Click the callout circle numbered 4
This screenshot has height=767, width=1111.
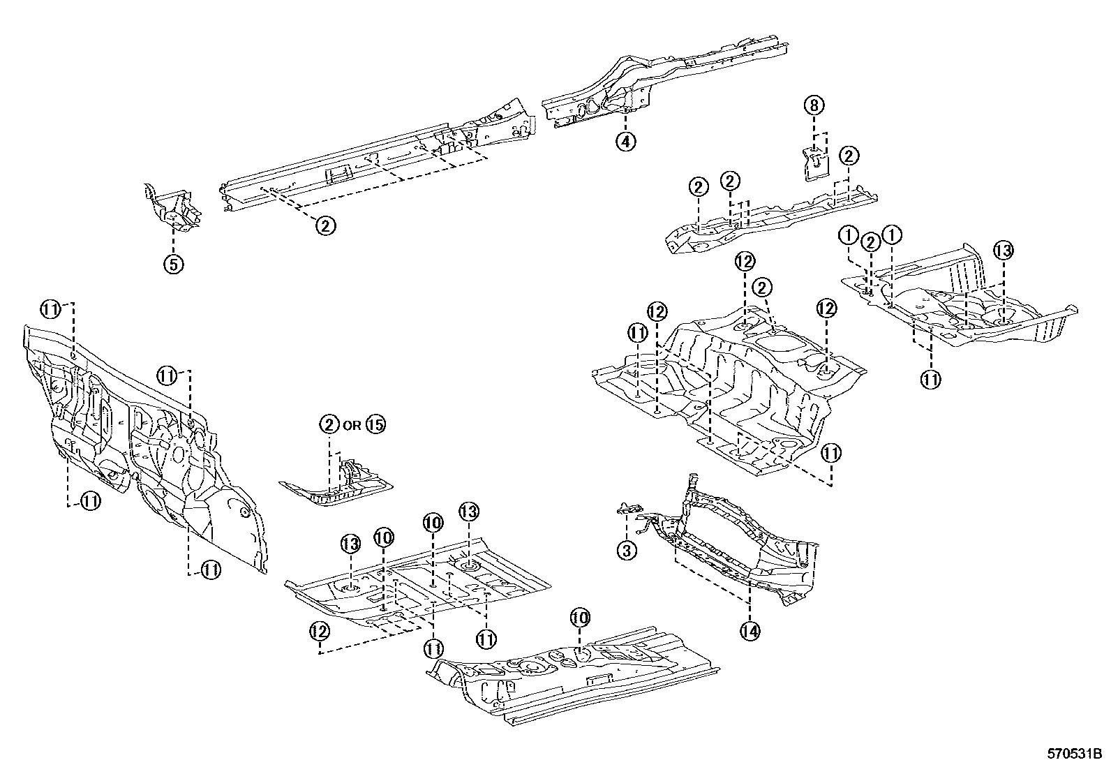click(x=626, y=142)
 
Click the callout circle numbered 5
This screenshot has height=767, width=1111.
click(x=174, y=264)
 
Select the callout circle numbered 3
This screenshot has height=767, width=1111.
click(x=626, y=551)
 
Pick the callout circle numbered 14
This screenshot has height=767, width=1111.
click(x=750, y=630)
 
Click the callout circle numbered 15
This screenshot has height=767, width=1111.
click(x=375, y=424)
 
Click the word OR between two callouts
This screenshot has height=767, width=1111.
click(x=352, y=424)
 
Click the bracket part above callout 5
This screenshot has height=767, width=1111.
click(x=173, y=208)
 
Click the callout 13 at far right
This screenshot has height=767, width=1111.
click(x=1003, y=251)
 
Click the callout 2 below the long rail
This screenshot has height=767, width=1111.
click(x=326, y=225)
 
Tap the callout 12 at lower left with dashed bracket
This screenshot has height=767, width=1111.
click(x=319, y=630)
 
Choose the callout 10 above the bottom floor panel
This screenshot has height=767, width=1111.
click(x=581, y=617)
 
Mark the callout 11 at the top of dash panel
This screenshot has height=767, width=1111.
click(x=50, y=308)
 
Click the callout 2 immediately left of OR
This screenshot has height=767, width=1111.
click(x=329, y=424)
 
